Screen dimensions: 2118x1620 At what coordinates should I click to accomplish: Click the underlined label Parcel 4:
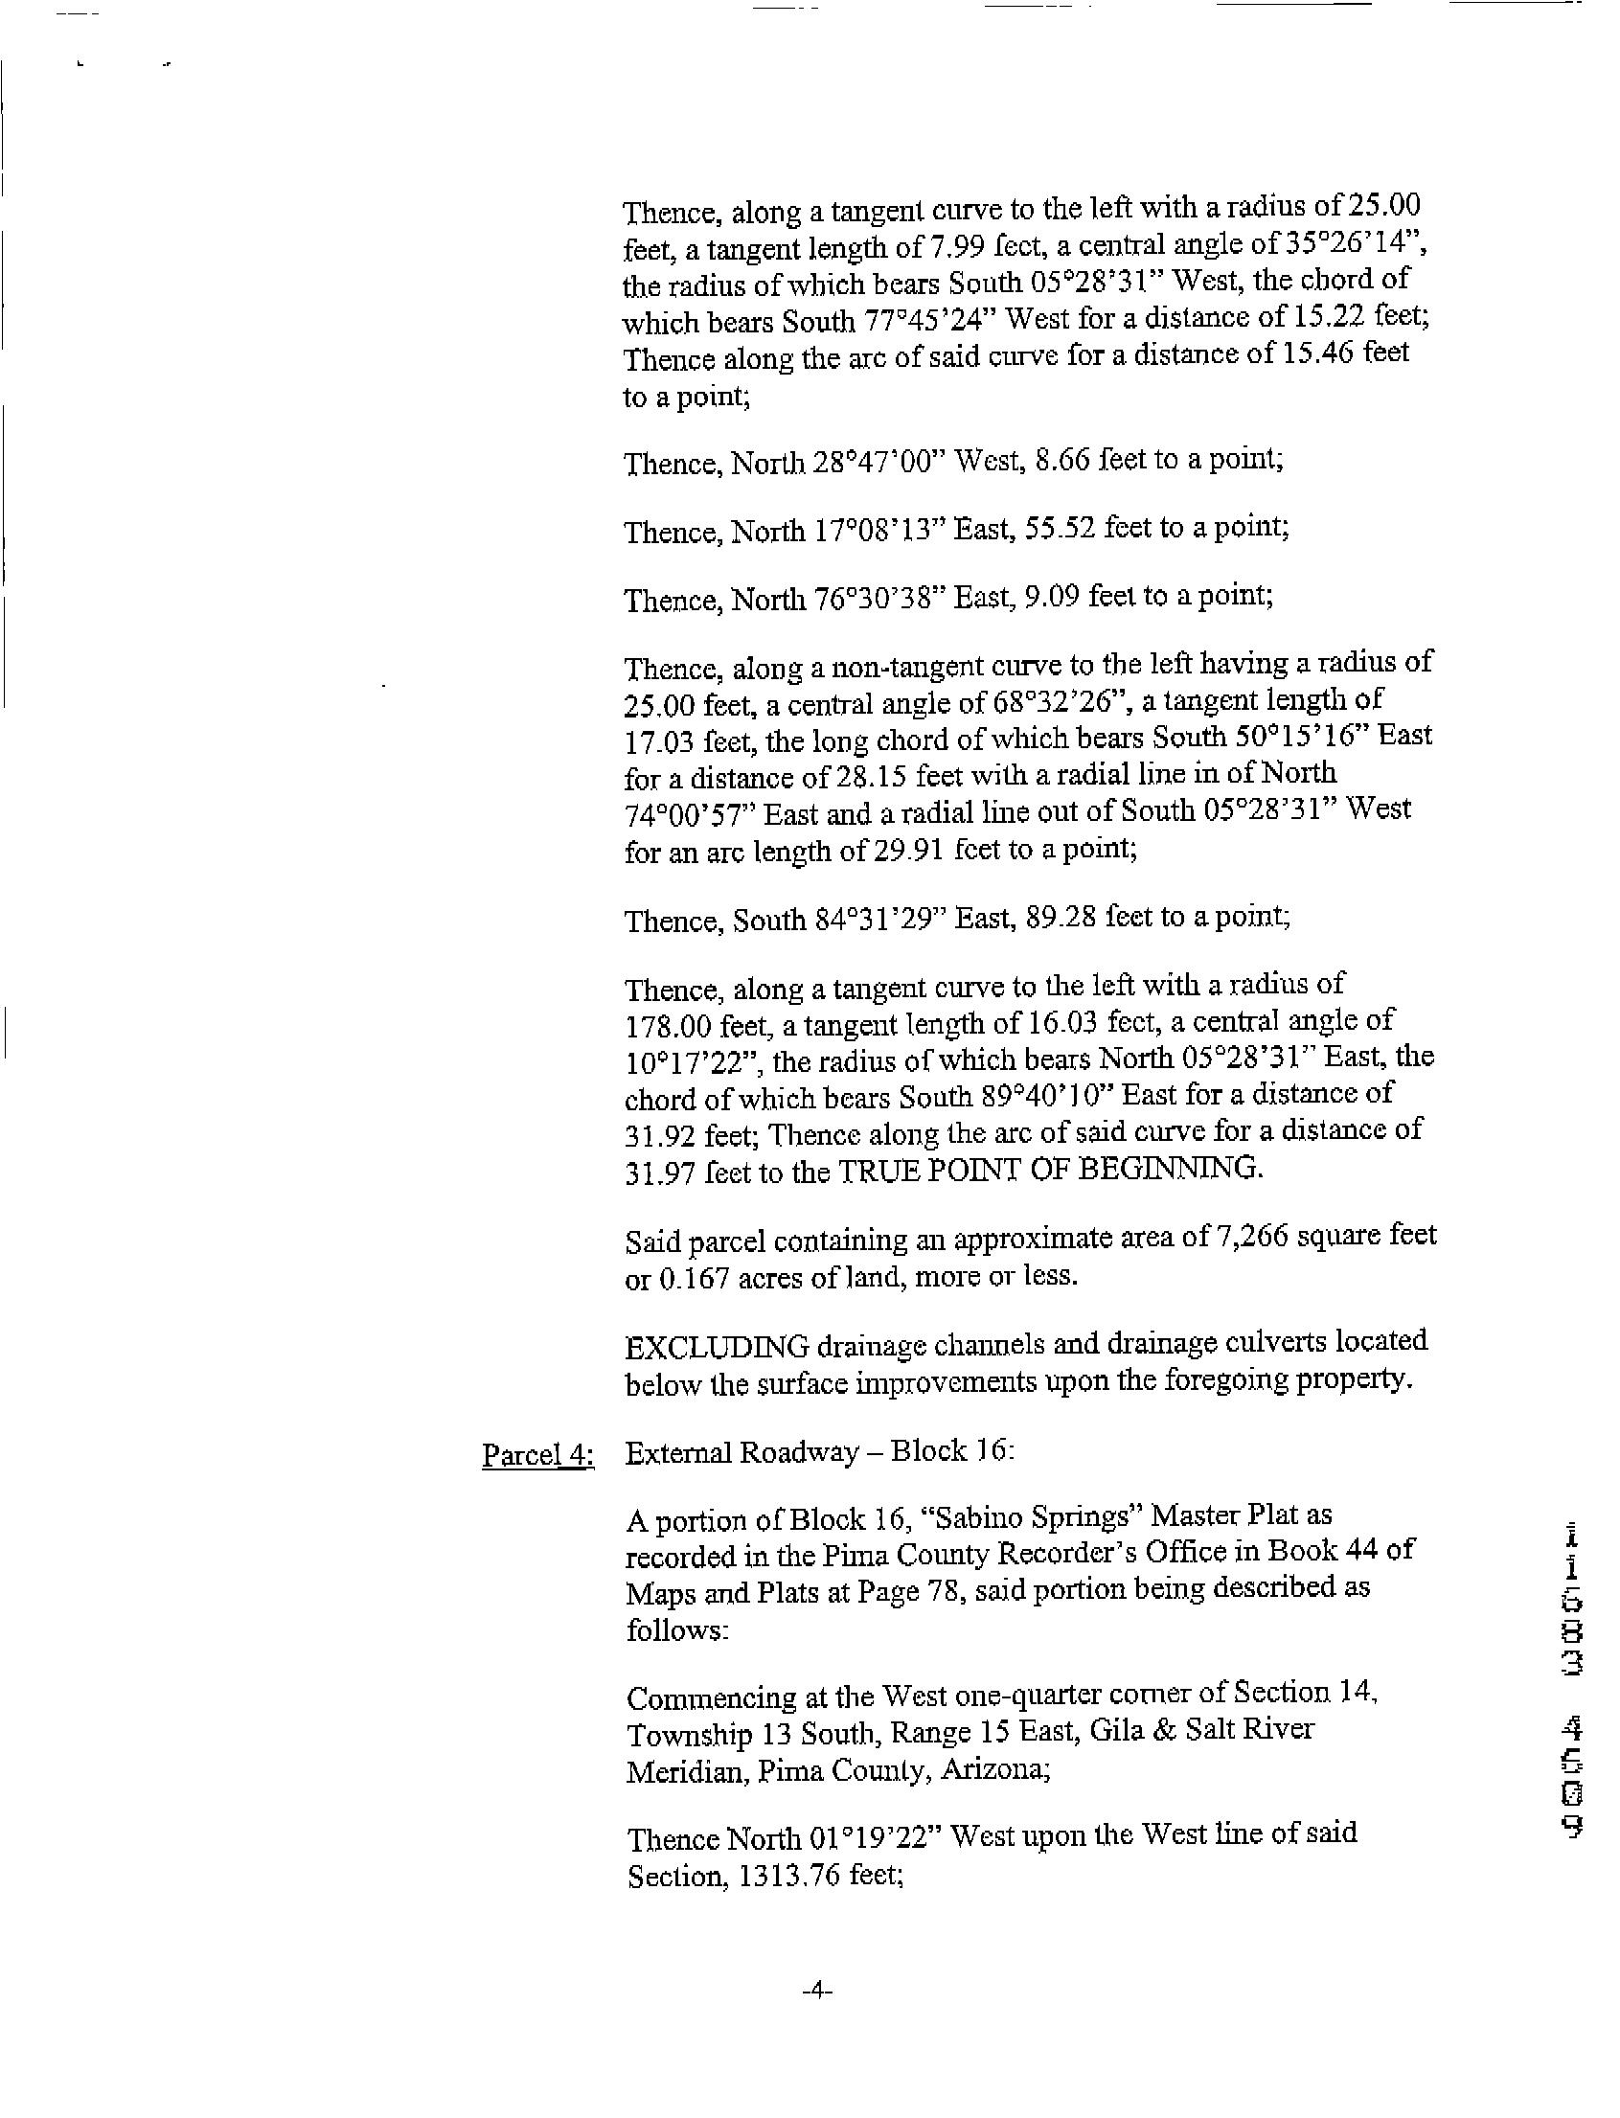tap(538, 1456)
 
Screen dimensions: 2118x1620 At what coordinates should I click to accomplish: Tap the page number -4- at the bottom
tap(816, 1990)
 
